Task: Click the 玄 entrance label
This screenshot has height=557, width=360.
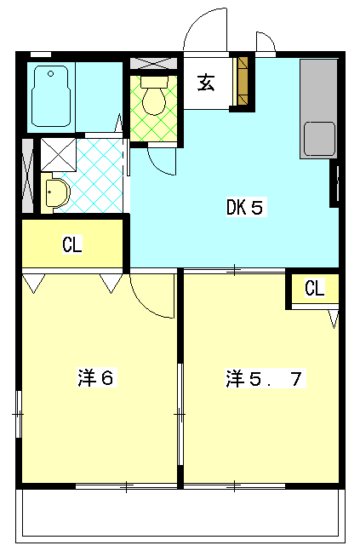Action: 206,83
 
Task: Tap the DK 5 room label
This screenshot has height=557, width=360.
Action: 245,208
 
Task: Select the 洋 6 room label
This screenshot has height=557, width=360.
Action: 96,377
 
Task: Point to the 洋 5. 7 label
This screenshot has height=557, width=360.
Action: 264,378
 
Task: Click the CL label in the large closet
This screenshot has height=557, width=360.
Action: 72,244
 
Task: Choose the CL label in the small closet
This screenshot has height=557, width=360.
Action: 315,288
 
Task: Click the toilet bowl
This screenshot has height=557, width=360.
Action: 154,100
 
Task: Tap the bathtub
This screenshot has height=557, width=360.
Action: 50,96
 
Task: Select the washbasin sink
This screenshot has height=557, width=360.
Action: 58,192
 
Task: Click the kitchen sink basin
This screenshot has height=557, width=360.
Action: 319,139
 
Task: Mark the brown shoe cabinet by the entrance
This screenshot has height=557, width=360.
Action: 243,82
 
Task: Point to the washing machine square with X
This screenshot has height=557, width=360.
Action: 58,155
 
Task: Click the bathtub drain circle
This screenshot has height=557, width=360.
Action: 51,74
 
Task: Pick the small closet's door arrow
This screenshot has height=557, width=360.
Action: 334,319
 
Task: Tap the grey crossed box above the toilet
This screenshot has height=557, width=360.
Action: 154,63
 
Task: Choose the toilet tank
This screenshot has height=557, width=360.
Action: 154,82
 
